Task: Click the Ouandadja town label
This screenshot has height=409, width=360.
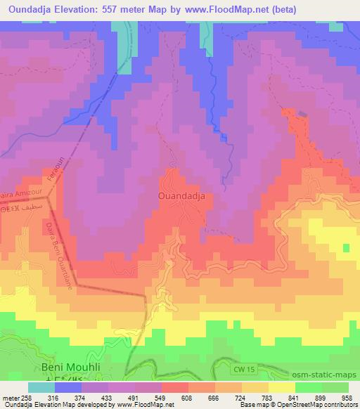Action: coord(181,197)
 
